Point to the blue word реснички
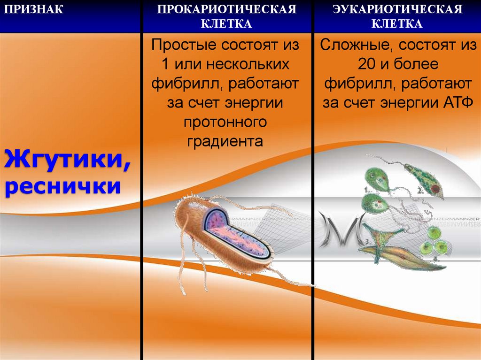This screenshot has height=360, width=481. tap(61, 187)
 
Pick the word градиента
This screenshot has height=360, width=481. tap(225, 141)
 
